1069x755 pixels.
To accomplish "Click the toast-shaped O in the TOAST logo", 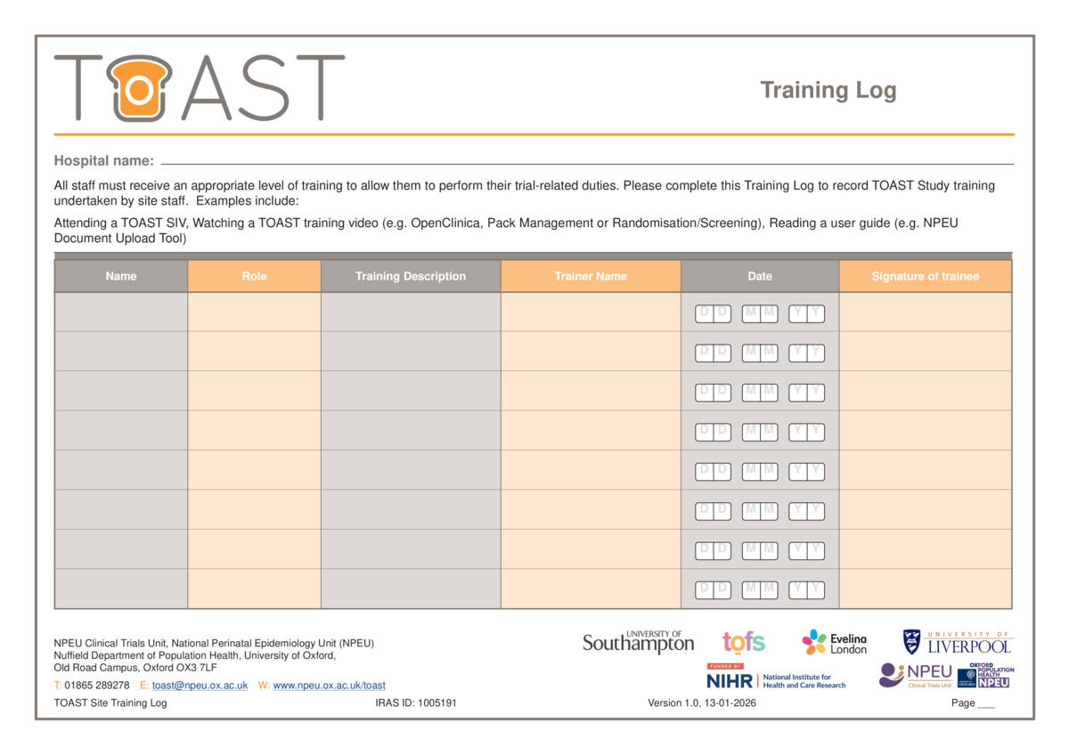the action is (139, 88).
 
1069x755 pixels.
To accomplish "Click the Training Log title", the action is (828, 90).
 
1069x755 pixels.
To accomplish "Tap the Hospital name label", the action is (103, 160).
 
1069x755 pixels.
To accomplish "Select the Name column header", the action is (121, 276).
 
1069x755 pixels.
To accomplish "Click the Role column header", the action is (254, 276).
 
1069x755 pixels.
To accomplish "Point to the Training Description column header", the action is (411, 276).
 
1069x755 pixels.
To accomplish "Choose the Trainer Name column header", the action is (591, 276).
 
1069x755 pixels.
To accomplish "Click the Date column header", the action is (760, 276).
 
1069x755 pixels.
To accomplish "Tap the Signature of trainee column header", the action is (925, 276).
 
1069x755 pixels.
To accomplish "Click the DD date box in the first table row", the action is (713, 313).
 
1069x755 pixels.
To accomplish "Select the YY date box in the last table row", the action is (806, 589).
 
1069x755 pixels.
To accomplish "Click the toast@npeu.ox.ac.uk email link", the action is (200, 686).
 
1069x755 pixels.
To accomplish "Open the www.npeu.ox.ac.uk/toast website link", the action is (330, 686).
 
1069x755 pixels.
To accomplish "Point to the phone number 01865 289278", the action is (97, 686).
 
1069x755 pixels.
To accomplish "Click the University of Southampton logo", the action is (638, 642).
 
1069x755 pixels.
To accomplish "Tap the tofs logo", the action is (744, 642).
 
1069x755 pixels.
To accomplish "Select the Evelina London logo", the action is (834, 643).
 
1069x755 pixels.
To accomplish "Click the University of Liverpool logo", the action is (959, 643).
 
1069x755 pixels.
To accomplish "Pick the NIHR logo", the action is (776, 678).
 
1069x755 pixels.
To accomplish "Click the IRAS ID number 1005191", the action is (437, 703).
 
